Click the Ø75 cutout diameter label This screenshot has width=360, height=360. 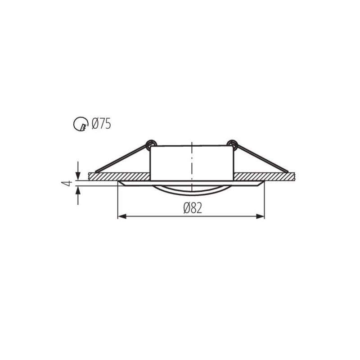coord(101,123)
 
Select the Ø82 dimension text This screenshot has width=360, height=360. coord(192,208)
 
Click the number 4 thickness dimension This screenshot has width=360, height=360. coord(67,183)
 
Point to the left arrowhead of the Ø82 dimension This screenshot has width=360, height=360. coord(121,217)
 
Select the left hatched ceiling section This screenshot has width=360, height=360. coord(119,176)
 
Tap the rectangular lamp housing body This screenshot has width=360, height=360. coord(171,162)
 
